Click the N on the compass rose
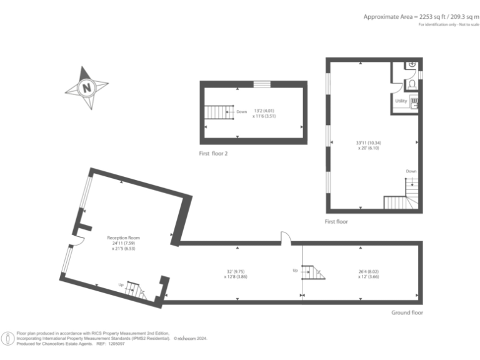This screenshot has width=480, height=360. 86,87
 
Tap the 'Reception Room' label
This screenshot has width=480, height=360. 123,237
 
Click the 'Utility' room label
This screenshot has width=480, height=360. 401,101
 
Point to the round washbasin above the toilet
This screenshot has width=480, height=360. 411,65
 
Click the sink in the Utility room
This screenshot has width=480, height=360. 413,101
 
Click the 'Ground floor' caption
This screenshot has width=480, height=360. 407,312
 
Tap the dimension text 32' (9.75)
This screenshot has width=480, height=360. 238,271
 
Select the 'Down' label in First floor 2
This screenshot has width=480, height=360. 241,112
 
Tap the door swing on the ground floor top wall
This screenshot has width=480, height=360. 285,236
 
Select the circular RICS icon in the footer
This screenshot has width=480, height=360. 8,338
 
